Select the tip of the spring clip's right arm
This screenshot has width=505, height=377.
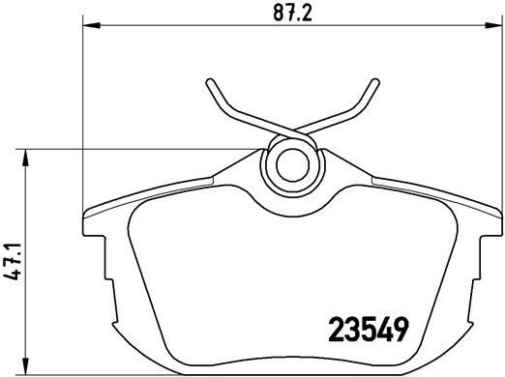(x=373, y=82)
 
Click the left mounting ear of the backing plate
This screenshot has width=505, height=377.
(x=93, y=232)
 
